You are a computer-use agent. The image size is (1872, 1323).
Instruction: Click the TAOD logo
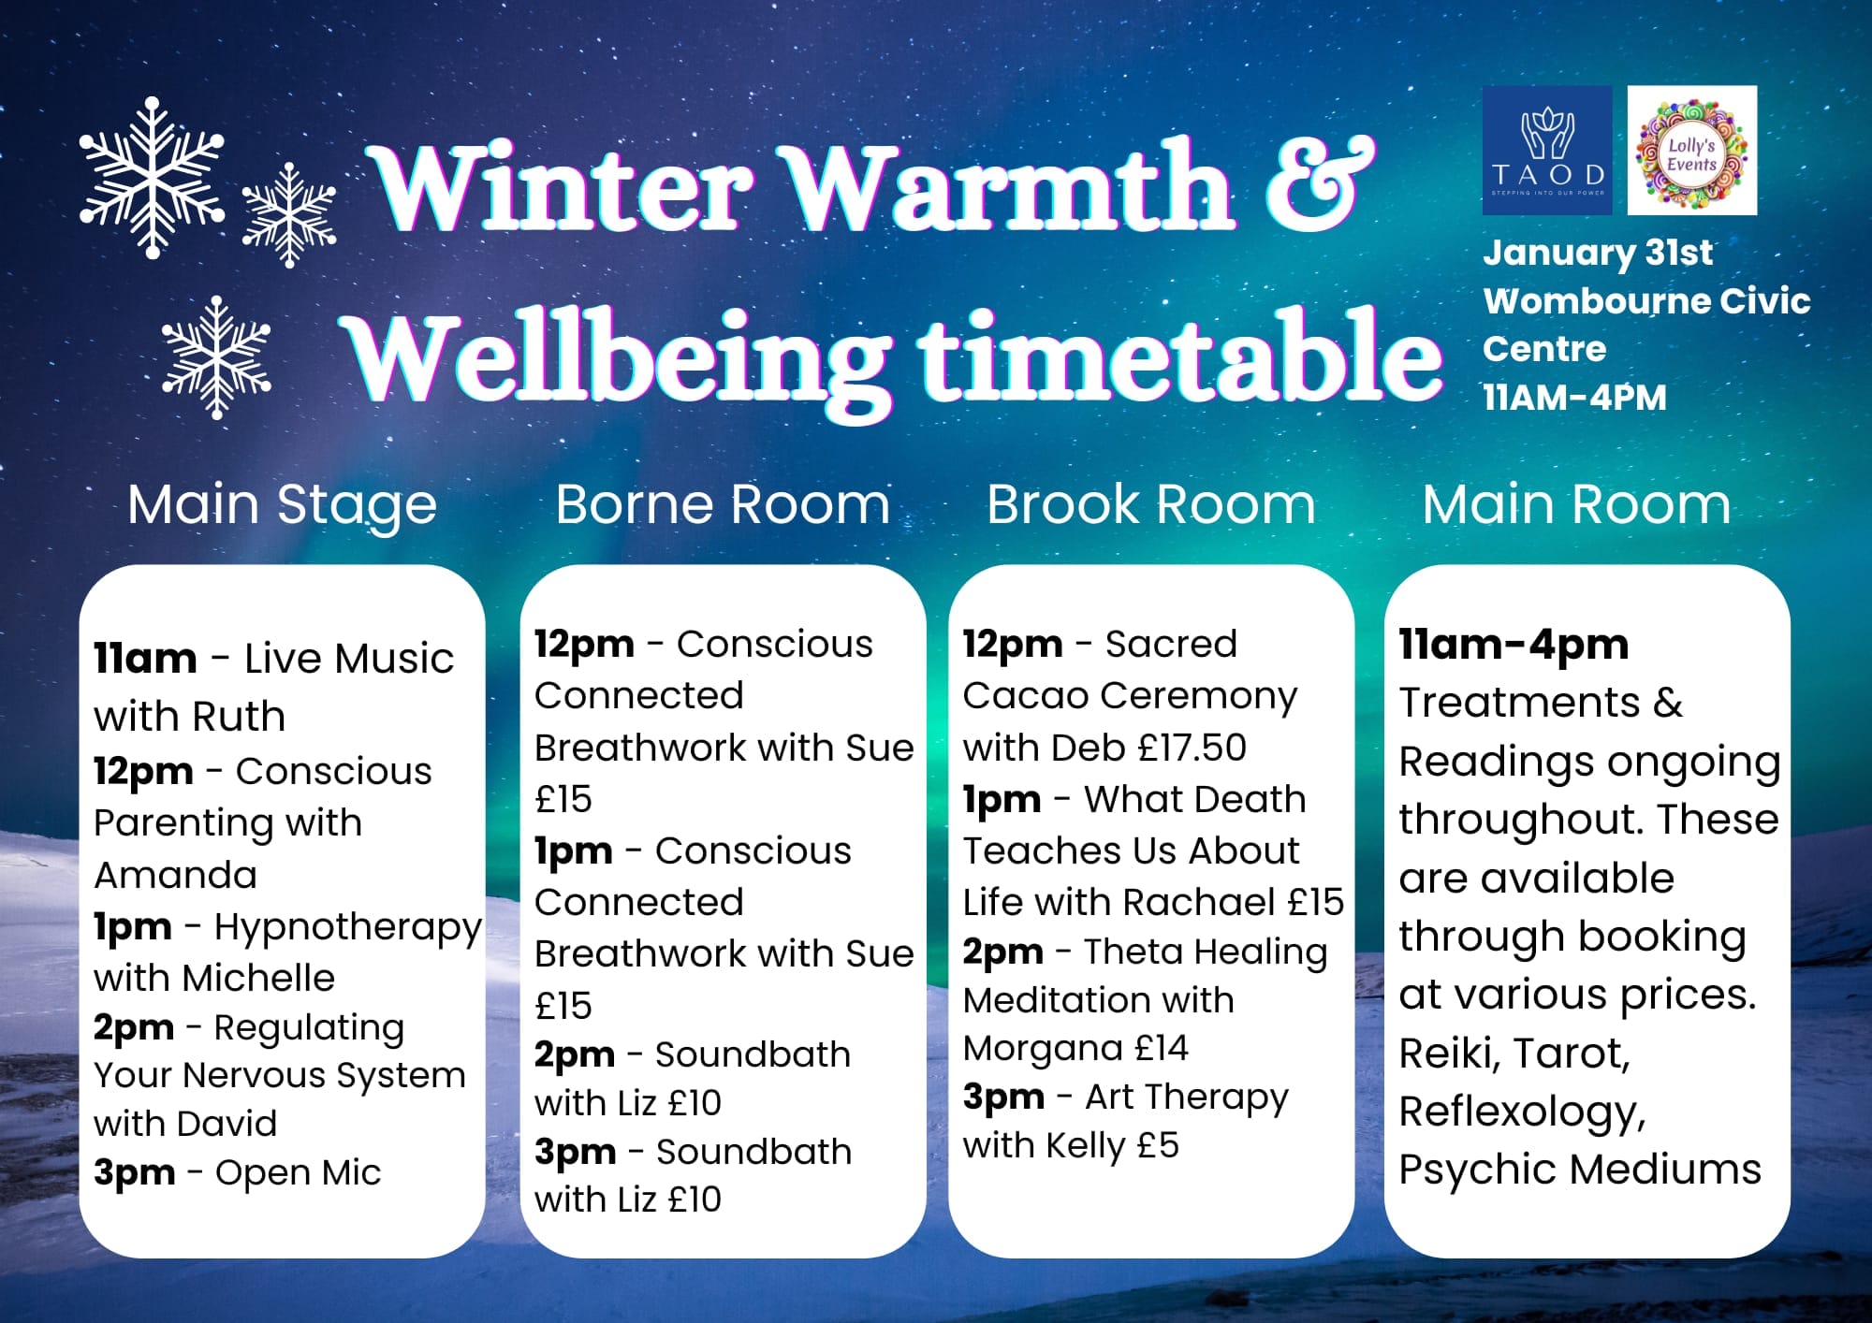coord(1547,150)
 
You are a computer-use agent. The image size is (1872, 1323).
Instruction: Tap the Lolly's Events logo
coord(1692,150)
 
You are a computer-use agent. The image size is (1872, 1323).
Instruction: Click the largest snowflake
coord(152,178)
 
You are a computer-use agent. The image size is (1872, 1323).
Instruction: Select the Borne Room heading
coord(723,504)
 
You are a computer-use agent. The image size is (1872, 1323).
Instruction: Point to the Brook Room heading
coord(1151,504)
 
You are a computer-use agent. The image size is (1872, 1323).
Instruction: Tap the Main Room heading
coord(1576,504)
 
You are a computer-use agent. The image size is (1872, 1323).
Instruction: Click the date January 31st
coord(1598,253)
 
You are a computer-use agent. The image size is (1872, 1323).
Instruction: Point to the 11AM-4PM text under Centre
coord(1575,398)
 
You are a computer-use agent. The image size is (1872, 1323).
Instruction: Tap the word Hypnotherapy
coord(348,928)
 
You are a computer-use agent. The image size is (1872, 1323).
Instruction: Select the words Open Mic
coord(299,1172)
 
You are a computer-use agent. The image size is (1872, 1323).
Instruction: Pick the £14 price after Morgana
coord(1162,1048)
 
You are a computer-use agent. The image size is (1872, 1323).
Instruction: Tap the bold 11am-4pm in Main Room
coord(1514,645)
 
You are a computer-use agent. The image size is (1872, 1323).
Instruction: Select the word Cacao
coord(1026,696)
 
